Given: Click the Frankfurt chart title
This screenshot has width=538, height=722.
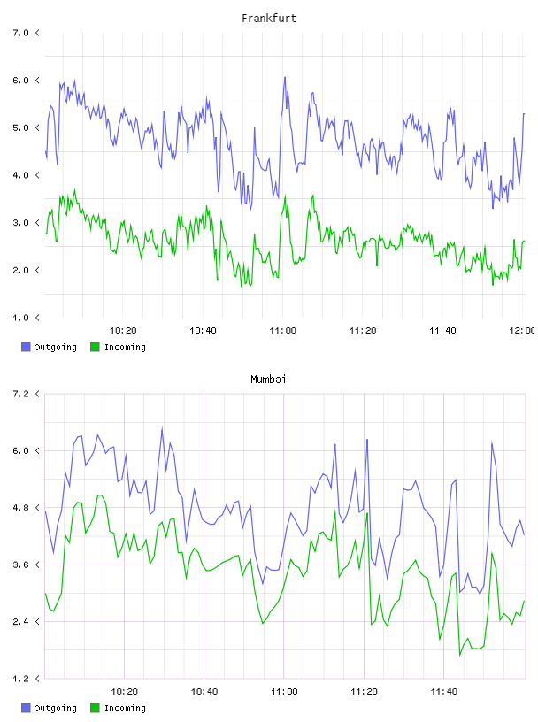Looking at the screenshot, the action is [x=269, y=19].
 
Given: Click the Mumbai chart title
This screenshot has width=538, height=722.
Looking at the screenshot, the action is [x=268, y=380].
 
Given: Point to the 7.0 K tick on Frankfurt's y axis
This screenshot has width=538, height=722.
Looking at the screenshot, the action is [x=26, y=33].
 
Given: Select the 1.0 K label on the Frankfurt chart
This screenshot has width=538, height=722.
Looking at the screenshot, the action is [x=26, y=318].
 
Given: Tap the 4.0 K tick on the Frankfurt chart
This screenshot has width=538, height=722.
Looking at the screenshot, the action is [x=26, y=175].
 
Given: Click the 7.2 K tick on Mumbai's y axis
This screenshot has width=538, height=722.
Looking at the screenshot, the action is [x=26, y=394].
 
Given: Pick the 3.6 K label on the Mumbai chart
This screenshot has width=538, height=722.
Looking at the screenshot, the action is [x=26, y=565].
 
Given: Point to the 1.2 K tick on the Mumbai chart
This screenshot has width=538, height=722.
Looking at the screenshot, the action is [x=26, y=679].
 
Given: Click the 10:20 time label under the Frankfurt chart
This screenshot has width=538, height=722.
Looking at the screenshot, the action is [x=123, y=331].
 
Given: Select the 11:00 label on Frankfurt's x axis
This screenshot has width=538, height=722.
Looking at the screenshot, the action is [x=283, y=331].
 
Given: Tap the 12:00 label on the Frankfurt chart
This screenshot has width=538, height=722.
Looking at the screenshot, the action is [x=522, y=331].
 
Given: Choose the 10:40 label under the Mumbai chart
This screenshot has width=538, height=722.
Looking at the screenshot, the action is [x=204, y=692].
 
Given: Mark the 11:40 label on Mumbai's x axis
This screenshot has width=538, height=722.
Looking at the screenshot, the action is [x=443, y=692].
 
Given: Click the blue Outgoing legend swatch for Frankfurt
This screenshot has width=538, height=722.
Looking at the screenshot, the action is [x=26, y=347].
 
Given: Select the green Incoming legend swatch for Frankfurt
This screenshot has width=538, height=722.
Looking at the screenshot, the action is [x=95, y=347].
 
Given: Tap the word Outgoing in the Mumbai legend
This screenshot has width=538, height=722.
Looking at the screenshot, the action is [x=55, y=709].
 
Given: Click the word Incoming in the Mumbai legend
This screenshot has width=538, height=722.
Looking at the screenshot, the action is [x=125, y=708].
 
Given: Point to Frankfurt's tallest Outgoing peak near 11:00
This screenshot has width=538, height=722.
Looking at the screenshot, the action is [x=285, y=77].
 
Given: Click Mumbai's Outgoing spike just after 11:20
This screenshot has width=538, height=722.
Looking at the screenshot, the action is [x=367, y=440].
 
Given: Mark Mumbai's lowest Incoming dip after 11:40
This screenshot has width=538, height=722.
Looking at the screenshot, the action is [x=460, y=655].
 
